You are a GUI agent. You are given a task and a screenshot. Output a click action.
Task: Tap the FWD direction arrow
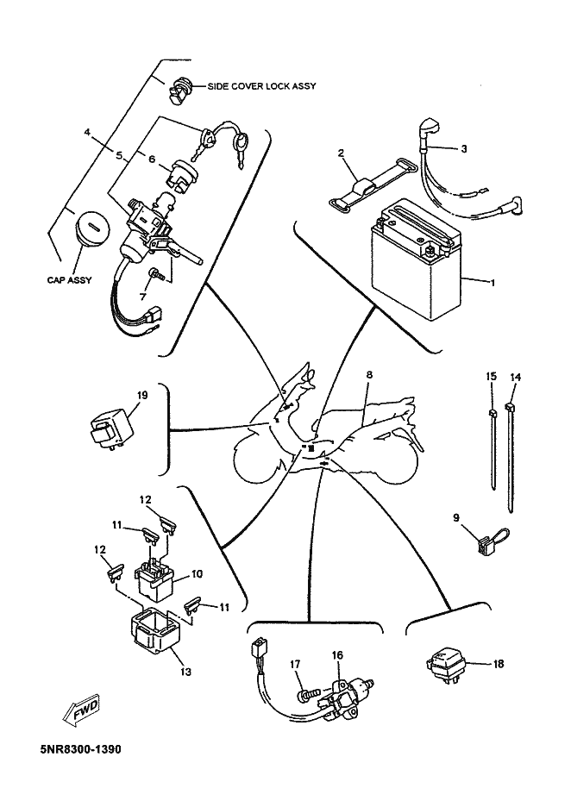(80, 713)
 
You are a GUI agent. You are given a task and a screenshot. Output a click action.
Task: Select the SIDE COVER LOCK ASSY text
(261, 86)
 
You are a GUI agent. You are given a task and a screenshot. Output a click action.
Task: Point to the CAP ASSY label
(70, 280)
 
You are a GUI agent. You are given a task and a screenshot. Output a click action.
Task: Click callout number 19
(142, 395)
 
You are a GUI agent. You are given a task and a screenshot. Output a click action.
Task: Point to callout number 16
(337, 655)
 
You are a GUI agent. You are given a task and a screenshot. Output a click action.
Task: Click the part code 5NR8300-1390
(81, 749)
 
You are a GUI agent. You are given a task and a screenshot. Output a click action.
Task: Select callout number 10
(197, 573)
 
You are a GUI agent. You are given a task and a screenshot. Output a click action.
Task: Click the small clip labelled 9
(490, 542)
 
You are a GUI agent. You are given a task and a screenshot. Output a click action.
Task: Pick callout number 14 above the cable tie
(515, 378)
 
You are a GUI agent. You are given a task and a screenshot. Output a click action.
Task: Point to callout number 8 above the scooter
(369, 375)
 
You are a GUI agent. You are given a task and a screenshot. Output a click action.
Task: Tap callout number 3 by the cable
(463, 149)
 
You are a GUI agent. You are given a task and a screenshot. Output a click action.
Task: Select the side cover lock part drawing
(180, 91)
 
